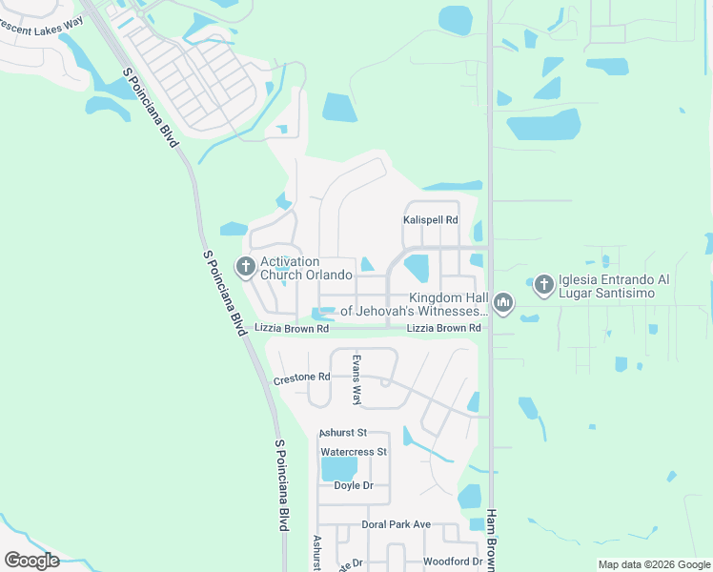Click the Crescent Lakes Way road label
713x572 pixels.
tap(43, 28)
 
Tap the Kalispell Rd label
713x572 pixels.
tap(430, 220)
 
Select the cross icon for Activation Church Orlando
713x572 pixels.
tap(246, 268)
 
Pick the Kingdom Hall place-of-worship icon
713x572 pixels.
tap(503, 304)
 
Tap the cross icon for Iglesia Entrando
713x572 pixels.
tap(544, 284)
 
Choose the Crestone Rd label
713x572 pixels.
tap(301, 378)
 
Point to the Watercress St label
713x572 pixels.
tap(354, 451)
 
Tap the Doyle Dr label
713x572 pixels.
tap(354, 485)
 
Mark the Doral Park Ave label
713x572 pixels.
tap(397, 524)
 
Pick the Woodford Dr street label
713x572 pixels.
tap(452, 562)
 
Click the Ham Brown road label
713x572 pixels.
tap(492, 539)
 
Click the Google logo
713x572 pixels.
tap(31, 560)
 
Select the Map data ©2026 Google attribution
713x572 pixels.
tap(654, 564)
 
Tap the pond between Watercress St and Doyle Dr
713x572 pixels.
tap(339, 468)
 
